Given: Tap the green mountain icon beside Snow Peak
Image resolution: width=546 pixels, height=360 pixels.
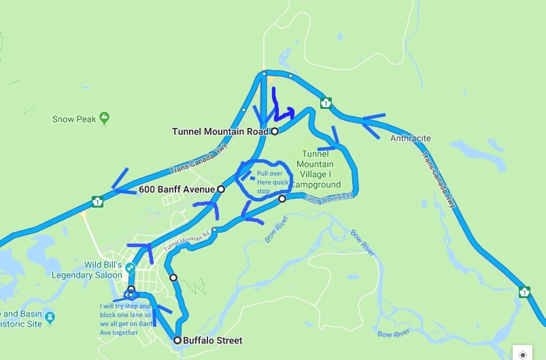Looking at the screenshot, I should [104, 118].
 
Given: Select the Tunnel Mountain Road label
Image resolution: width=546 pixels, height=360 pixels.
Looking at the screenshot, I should [220, 131].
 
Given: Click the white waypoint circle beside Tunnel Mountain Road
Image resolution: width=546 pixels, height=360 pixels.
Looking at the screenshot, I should [275, 131].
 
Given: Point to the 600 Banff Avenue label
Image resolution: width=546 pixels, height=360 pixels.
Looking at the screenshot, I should [176, 189].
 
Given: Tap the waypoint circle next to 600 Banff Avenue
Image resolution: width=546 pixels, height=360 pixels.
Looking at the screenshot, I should [220, 189].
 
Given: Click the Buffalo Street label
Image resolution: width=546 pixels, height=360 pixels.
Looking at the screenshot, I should [213, 340].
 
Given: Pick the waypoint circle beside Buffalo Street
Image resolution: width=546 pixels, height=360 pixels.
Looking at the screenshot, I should [177, 340].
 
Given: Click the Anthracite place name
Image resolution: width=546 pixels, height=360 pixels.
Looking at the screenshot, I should [410, 139].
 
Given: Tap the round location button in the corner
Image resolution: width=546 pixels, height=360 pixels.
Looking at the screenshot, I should [522, 353].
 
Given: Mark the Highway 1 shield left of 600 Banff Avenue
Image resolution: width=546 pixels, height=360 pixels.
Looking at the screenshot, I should [98, 202].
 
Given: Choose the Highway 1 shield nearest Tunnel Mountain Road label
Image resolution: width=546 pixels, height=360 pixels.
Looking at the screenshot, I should [326, 103].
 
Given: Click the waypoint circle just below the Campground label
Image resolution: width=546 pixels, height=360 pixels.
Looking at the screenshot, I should [282, 199].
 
